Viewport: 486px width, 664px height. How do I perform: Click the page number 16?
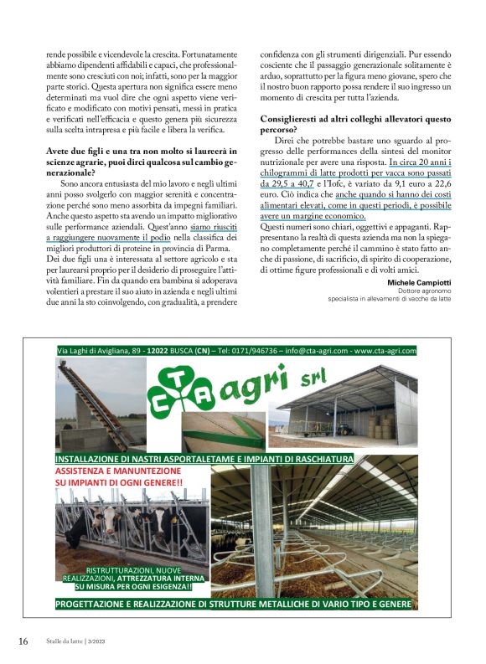click(x=23, y=641)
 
